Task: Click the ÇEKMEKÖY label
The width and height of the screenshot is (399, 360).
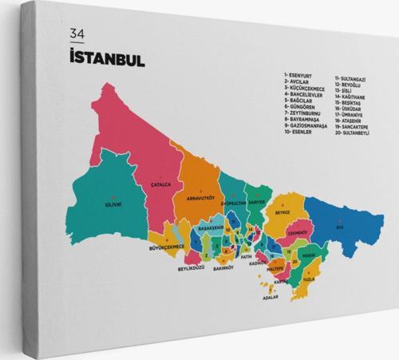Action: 298,233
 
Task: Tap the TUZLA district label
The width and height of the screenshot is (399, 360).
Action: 310,280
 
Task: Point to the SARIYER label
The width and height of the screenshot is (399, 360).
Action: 255,203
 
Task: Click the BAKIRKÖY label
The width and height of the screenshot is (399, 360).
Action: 224,268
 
